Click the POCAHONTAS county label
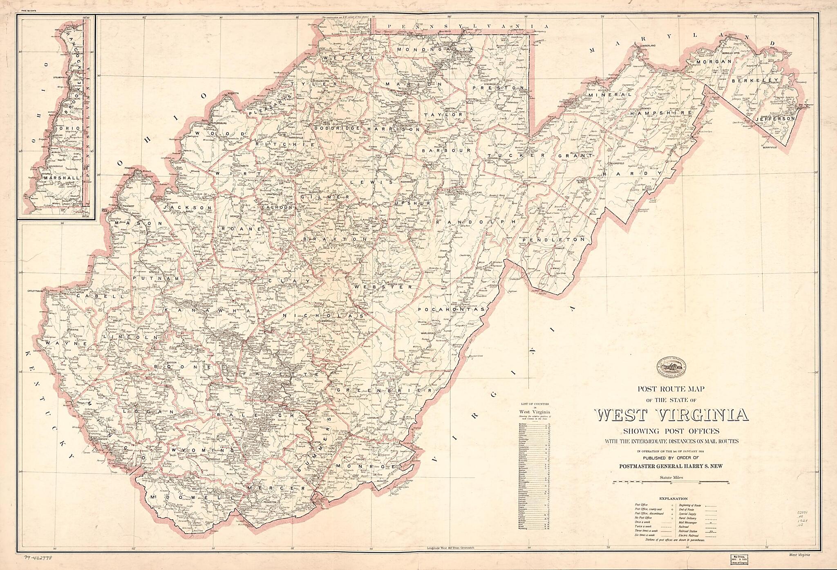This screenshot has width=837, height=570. click(x=451, y=310)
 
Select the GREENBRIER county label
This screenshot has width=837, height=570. click(x=385, y=391)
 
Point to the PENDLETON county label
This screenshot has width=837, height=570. click(x=557, y=240)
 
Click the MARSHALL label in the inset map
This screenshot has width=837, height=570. click(x=62, y=178)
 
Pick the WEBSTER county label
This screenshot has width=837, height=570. click(x=384, y=287)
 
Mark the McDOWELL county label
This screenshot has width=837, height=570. click(x=188, y=497)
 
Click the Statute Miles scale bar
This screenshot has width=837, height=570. click(x=671, y=482)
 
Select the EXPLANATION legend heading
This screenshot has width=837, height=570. click(x=673, y=498)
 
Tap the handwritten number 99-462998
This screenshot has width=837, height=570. click(x=41, y=557)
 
